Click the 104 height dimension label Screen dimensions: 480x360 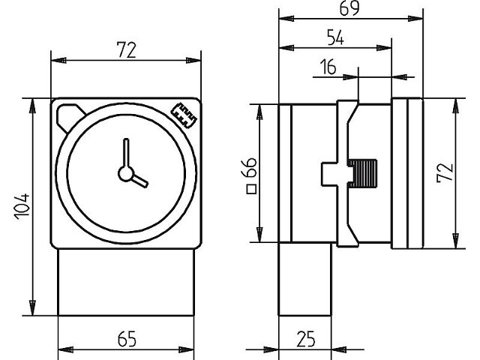(x=22, y=206)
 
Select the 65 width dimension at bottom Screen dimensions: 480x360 (x=127, y=339)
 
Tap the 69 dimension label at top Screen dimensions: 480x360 (x=349, y=8)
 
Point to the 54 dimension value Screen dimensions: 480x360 (x=335, y=37)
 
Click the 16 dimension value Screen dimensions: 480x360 (x=328, y=67)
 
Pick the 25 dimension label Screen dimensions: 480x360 (x=305, y=339)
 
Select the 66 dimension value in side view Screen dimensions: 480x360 (x=250, y=168)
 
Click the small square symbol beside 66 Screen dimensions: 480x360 (x=251, y=189)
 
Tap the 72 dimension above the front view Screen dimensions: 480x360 (x=126, y=50)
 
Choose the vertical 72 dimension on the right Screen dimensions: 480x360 (x=445, y=173)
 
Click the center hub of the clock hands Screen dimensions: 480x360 (x=126, y=173)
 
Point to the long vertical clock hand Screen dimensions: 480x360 (x=126, y=153)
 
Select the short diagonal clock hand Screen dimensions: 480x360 (x=140, y=181)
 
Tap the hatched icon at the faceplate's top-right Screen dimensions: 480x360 (x=184, y=115)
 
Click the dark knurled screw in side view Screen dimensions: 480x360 (x=362, y=173)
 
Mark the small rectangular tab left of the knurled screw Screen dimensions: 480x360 (x=329, y=174)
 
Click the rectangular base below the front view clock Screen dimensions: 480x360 (x=126, y=282)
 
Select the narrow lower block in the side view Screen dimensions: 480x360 (x=304, y=279)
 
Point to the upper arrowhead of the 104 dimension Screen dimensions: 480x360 (x=32, y=105)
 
